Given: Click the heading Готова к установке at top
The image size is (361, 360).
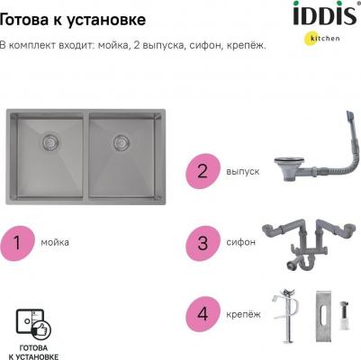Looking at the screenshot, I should click(x=72, y=16).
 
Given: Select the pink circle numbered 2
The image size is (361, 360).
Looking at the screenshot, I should click(x=203, y=169).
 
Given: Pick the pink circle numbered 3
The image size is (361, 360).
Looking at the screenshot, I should click(x=203, y=242).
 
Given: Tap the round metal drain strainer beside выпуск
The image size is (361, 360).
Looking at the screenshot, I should click(x=271, y=167).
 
